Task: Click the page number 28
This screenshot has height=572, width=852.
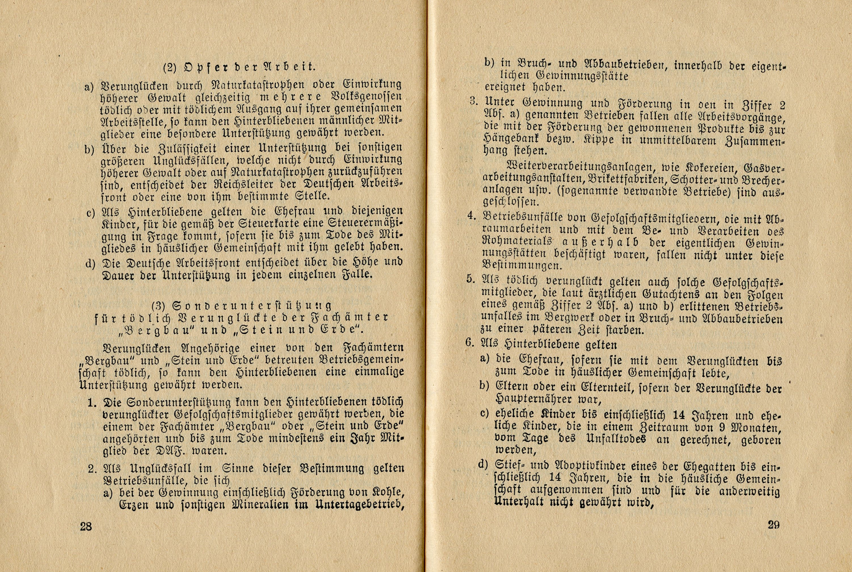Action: tap(86, 526)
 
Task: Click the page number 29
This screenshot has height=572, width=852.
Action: tap(773, 524)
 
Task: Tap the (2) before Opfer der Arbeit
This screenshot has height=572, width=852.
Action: tap(170, 67)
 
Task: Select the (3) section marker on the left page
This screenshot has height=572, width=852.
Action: tap(158, 305)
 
